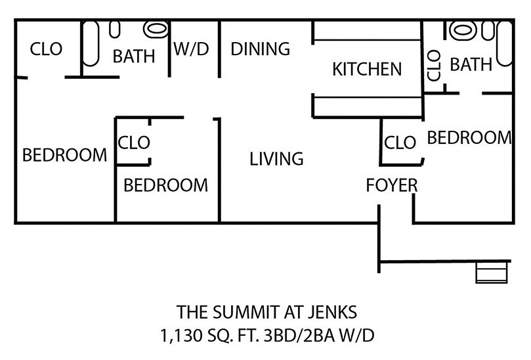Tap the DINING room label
(x=260, y=49)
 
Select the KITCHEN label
(x=367, y=68)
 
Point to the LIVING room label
(x=276, y=158)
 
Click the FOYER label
(x=391, y=186)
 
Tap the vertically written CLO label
(x=434, y=66)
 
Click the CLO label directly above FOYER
(x=400, y=142)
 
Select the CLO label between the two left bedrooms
(x=134, y=142)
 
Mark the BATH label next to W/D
(x=134, y=56)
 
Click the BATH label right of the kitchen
(x=470, y=64)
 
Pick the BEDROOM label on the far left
(x=64, y=156)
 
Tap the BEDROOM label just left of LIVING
(x=165, y=185)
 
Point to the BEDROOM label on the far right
(x=469, y=137)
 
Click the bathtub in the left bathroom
(x=91, y=43)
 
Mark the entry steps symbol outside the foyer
(x=492, y=272)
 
